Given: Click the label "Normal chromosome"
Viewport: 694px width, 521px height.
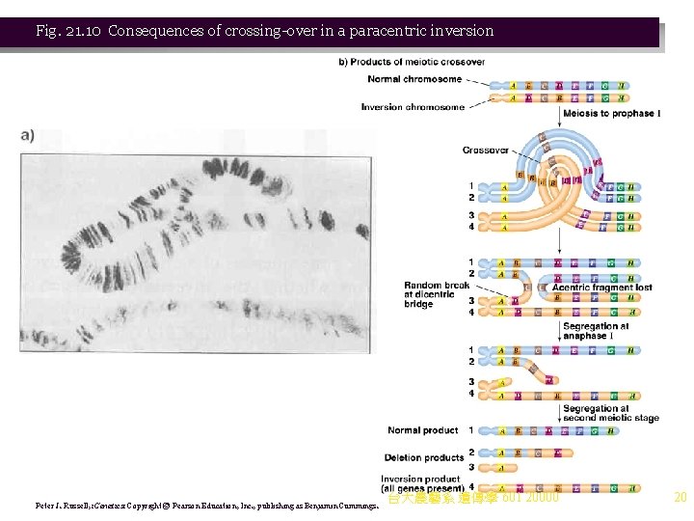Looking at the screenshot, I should point(414,79).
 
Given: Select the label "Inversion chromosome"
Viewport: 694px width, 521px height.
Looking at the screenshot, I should point(413,107).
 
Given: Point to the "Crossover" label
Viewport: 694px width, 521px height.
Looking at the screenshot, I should point(486,151).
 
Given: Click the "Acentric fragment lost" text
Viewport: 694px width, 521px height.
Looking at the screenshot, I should point(602,287).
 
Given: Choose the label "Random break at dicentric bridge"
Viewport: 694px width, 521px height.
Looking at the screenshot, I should point(437,294).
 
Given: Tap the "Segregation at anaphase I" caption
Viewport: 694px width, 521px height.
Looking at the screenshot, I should point(597,330).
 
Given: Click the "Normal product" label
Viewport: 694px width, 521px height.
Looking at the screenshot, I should point(423,430).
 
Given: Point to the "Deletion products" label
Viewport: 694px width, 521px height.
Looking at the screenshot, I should point(424,457).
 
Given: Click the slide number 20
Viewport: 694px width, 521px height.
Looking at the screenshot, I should point(680,498).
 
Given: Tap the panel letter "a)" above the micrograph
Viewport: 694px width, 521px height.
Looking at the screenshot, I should point(26,135).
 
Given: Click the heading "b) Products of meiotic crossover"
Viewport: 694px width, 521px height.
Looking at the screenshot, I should point(412,63).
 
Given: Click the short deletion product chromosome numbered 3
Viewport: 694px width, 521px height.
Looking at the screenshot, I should point(503,467).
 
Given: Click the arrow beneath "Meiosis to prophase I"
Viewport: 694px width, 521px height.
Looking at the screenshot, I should point(560,128).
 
